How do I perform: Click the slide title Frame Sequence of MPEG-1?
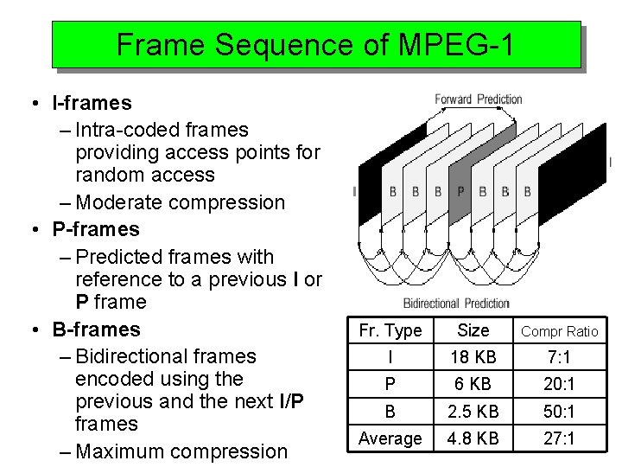point(315,44)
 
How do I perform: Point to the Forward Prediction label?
point(478,99)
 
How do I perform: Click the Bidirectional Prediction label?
point(456,304)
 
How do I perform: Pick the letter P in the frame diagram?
point(460,191)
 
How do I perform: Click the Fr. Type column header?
point(390,330)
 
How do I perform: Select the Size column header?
point(473,330)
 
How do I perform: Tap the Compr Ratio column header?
point(560,331)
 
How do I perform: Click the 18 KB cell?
point(473,357)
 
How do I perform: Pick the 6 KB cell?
point(473,383)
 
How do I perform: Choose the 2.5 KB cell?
point(473,411)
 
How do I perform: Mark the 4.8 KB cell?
point(473,438)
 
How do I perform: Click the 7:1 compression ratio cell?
point(560,357)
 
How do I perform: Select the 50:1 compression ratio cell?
point(560,411)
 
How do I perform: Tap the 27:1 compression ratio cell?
point(560,438)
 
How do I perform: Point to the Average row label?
point(390,438)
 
